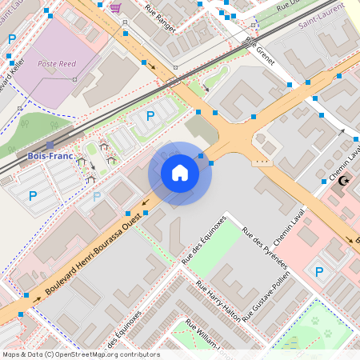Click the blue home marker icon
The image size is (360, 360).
coord(180,173)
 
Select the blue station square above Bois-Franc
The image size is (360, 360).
coord(50,146)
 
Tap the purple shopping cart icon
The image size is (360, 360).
coord(115,8)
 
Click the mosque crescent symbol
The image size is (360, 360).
coord(345,182)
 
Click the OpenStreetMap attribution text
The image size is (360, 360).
coord(80,354)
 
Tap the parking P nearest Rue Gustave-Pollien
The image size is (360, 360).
coord(319,272)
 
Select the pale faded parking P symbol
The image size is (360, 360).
coord(98,196)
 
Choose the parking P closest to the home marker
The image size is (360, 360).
coord(150,117)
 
